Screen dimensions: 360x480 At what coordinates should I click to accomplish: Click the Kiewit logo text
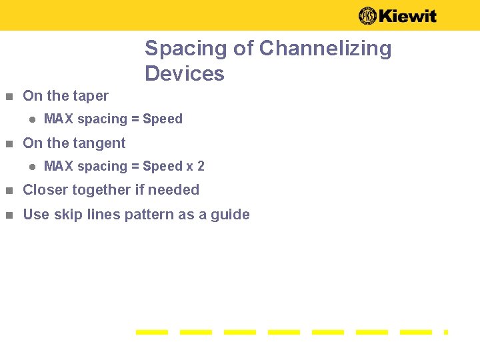click(x=407, y=16)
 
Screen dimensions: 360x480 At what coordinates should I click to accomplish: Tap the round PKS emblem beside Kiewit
click(x=367, y=16)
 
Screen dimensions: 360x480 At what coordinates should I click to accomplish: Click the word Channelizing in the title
click(x=325, y=49)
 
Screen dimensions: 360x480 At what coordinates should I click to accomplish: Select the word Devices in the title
click(x=185, y=73)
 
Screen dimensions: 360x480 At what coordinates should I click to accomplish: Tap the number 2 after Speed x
click(x=201, y=166)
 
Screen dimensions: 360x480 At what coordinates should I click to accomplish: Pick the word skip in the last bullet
click(x=68, y=215)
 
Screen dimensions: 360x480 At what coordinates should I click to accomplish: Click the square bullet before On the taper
click(x=9, y=97)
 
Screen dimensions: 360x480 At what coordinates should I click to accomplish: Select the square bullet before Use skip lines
click(x=9, y=215)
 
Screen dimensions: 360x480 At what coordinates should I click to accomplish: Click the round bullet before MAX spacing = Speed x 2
click(x=31, y=167)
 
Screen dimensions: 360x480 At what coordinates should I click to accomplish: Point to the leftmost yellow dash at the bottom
click(x=152, y=331)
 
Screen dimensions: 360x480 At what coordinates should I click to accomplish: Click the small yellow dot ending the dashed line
click(x=446, y=331)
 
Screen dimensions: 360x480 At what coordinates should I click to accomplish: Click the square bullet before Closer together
click(x=9, y=191)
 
